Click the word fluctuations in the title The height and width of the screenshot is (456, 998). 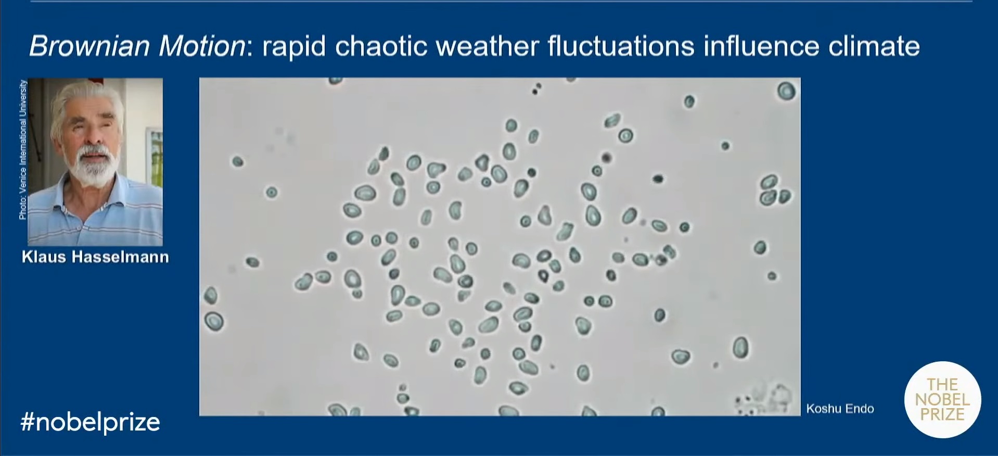[x=621, y=46]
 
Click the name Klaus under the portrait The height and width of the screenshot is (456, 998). [x=44, y=257]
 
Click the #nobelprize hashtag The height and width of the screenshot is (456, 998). [x=90, y=422]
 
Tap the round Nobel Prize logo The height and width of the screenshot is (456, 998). [x=943, y=399]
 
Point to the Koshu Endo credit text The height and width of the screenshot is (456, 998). [x=840, y=409]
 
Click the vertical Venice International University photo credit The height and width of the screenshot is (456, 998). [x=22, y=149]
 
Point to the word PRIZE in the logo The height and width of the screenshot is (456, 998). [x=942, y=414]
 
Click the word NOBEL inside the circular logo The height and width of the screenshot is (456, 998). [x=942, y=400]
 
